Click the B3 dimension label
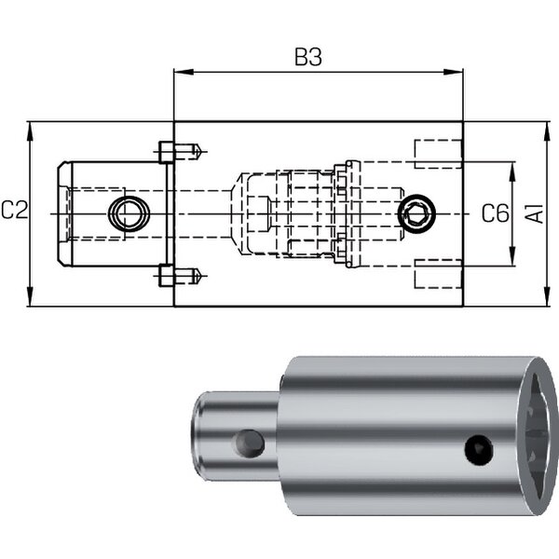pyautogui.click(x=308, y=57)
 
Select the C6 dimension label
pyautogui.click(x=496, y=213)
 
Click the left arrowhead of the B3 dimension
pyautogui.click(x=184, y=72)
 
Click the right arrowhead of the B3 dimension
pyautogui.click(x=453, y=72)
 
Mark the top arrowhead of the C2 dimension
pyautogui.click(x=31, y=132)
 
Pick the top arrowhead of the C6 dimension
pyautogui.click(x=512, y=172)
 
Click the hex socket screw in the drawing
pyautogui.click(x=416, y=213)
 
